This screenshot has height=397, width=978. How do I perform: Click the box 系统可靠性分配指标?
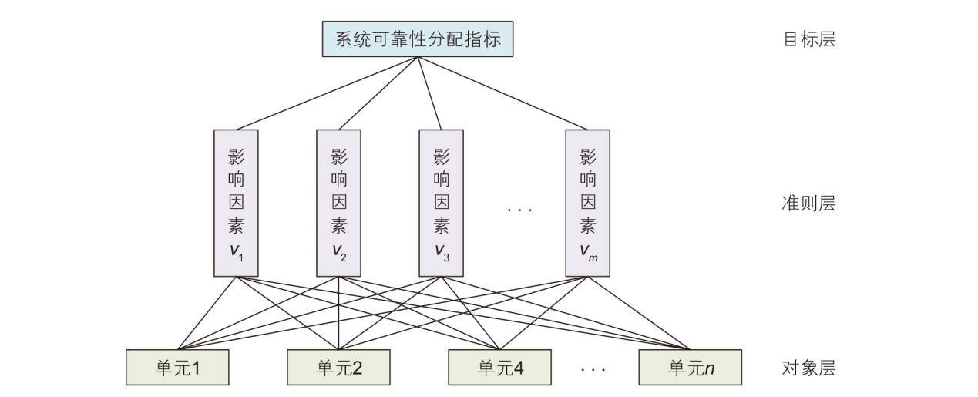point(417,39)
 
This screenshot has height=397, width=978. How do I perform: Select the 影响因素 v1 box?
point(236,203)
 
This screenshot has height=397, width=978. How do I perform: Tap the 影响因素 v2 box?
point(338,203)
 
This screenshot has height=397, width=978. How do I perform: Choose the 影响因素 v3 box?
point(441,203)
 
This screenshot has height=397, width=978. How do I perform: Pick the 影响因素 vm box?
point(587,203)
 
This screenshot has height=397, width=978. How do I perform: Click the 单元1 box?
point(177,367)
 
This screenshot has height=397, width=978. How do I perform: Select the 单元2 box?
point(338,367)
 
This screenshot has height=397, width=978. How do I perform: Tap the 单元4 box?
point(499,367)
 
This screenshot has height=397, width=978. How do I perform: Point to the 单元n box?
point(690,367)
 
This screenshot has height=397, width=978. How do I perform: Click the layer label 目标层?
point(808,39)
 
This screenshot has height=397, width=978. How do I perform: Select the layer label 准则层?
point(808,204)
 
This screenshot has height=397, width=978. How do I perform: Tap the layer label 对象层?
point(808,368)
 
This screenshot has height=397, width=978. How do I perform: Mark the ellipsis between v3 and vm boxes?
point(520,209)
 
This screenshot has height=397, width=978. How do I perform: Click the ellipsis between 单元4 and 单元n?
point(593,370)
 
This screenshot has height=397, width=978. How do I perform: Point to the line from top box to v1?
point(324,94)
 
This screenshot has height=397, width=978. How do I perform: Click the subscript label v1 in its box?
point(236,251)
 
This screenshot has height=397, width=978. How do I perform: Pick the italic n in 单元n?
point(710,368)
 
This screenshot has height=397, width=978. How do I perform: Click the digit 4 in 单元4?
point(518,368)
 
